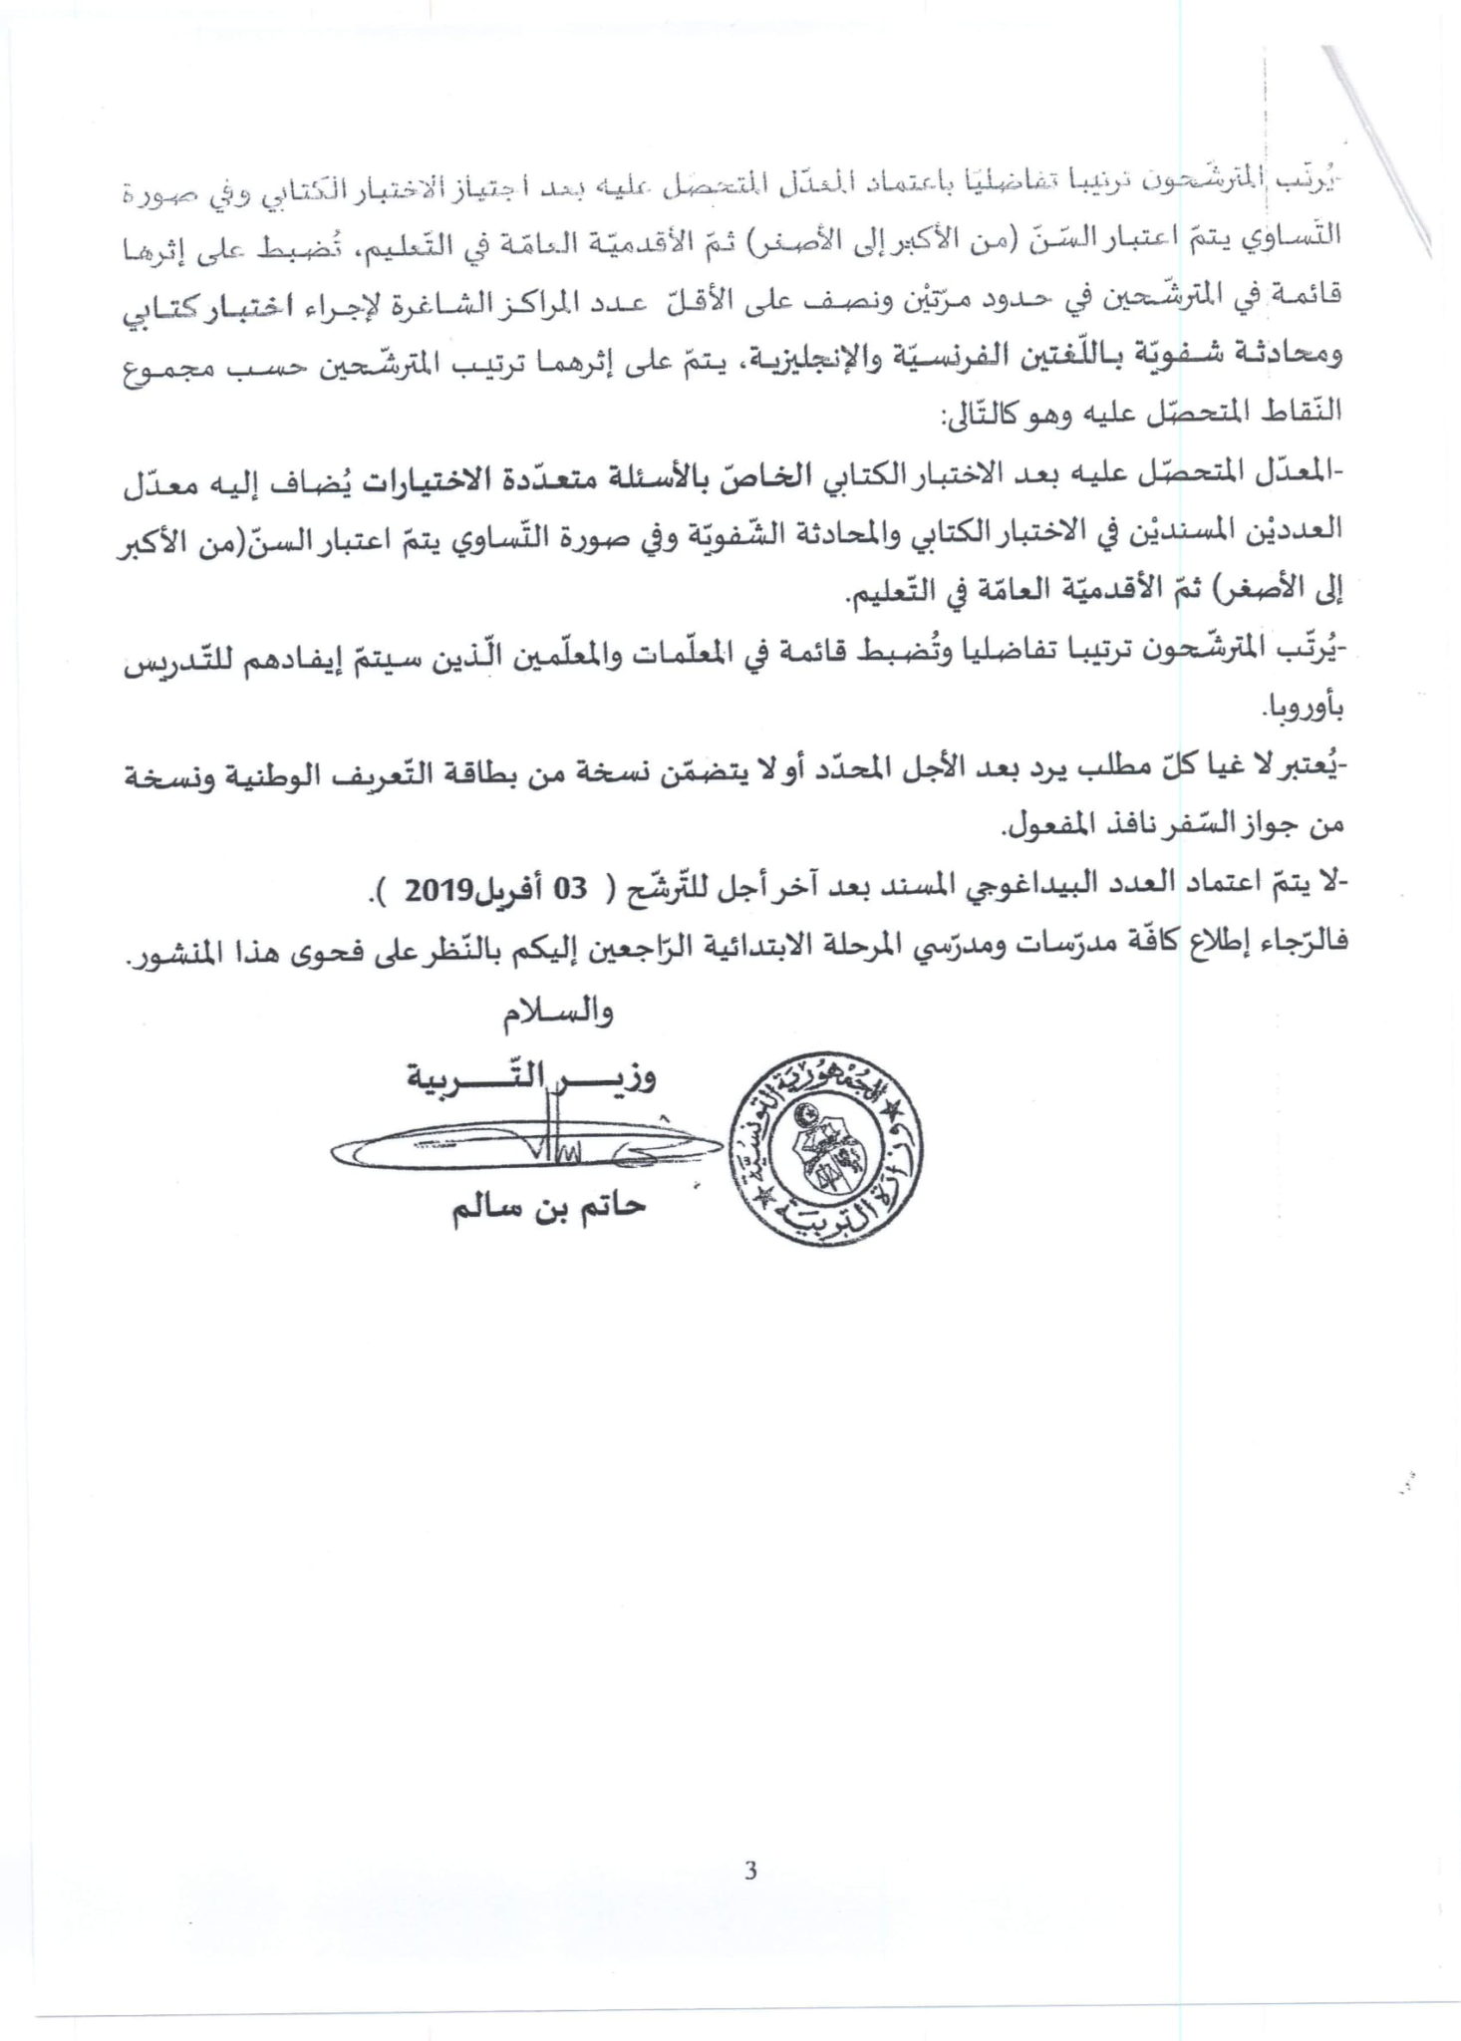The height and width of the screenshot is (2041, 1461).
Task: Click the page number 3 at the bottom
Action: (x=749, y=1870)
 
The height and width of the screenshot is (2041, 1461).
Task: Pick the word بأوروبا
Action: (x=1305, y=709)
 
